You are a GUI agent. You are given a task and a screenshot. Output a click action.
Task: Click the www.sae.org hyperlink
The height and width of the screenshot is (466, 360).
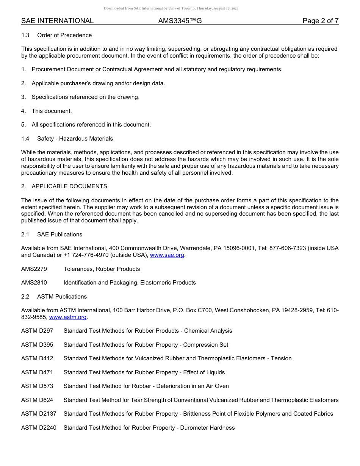click(x=167, y=255)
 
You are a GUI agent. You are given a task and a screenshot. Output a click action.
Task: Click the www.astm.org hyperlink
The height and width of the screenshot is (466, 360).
click(x=68, y=317)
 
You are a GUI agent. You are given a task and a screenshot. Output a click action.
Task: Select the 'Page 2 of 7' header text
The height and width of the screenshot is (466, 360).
click(x=320, y=21)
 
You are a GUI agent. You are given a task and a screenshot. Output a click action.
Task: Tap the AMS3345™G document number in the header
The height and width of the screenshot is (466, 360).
click(x=180, y=21)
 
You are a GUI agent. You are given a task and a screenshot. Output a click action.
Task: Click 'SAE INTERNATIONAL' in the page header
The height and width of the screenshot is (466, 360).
click(x=57, y=21)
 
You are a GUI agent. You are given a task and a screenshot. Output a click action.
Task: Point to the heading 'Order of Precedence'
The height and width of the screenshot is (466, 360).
click(x=64, y=35)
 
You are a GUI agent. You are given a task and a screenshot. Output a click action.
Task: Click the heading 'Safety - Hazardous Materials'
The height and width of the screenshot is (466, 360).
click(x=75, y=139)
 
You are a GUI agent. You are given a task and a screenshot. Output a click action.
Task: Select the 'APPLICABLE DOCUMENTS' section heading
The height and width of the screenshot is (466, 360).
click(x=69, y=186)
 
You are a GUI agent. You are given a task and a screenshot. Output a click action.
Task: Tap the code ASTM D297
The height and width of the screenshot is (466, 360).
click(x=37, y=331)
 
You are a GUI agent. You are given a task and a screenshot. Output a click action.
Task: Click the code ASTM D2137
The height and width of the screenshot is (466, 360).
click(x=39, y=414)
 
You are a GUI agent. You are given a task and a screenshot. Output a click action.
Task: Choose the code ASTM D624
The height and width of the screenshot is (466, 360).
click(x=37, y=400)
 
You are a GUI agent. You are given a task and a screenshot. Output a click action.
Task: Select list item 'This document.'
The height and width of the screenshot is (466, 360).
click(x=52, y=111)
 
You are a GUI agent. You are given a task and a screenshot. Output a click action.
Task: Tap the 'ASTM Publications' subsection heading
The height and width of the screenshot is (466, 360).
click(x=62, y=297)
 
